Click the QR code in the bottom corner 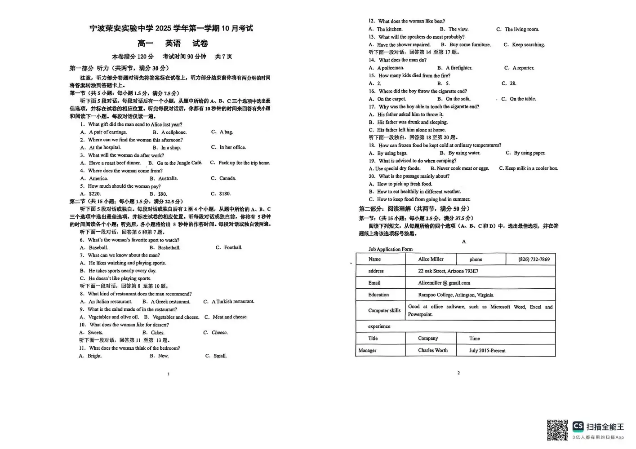tap(557, 430)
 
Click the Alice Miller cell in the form tap(431, 259)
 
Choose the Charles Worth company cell tap(432, 350)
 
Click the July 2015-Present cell tap(487, 350)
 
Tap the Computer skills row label tap(384, 310)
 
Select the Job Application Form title tap(390, 249)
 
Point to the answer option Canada tap(227, 178)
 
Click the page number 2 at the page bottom tap(458, 373)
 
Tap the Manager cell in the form tap(367, 350)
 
